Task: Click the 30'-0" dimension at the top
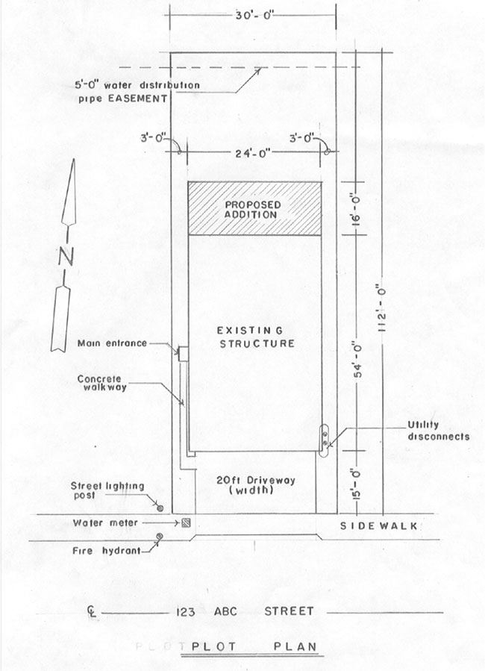(253, 14)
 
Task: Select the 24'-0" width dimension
(253, 155)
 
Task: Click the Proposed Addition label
(254, 208)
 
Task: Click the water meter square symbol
(186, 522)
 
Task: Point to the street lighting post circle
(159, 508)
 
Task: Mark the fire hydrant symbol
(159, 537)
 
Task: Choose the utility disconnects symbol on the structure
(325, 438)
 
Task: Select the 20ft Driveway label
(254, 485)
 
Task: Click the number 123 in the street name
(185, 611)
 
